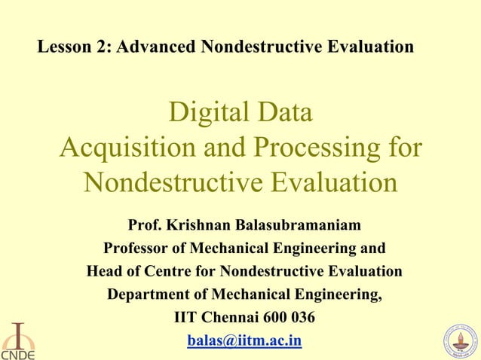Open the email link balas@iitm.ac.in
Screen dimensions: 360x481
tap(244, 341)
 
